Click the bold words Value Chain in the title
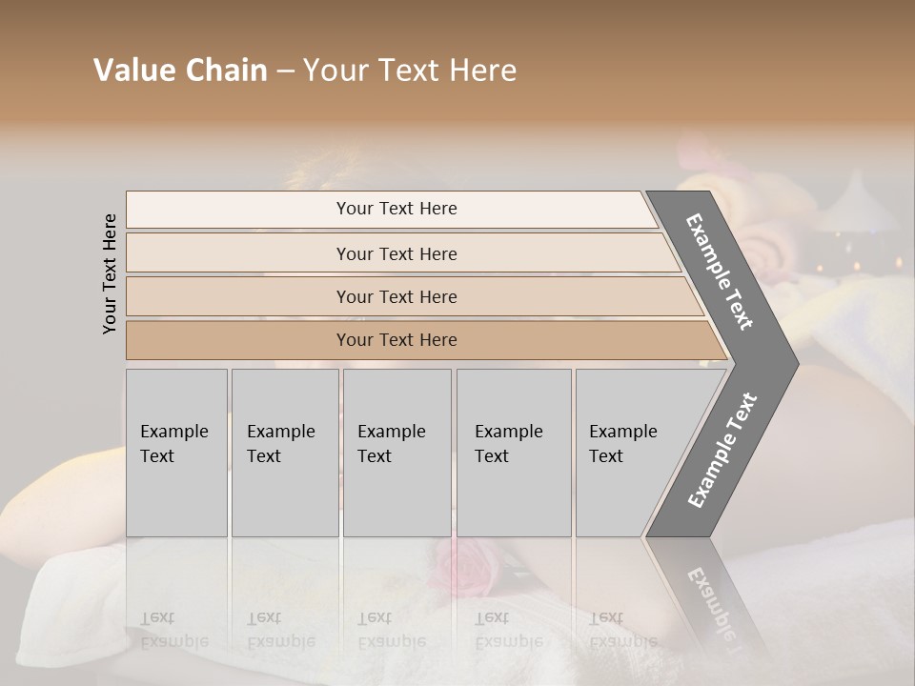tap(180, 71)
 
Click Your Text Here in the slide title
tap(410, 71)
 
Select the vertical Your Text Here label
tap(110, 273)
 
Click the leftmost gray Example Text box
tap(176, 453)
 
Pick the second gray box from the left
tap(285, 453)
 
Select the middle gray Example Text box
tap(396, 453)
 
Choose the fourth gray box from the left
tap(514, 453)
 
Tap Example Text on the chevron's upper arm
tap(720, 272)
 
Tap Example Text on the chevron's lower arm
tap(722, 451)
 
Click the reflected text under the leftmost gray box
tap(173, 629)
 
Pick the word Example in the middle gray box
tap(391, 432)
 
